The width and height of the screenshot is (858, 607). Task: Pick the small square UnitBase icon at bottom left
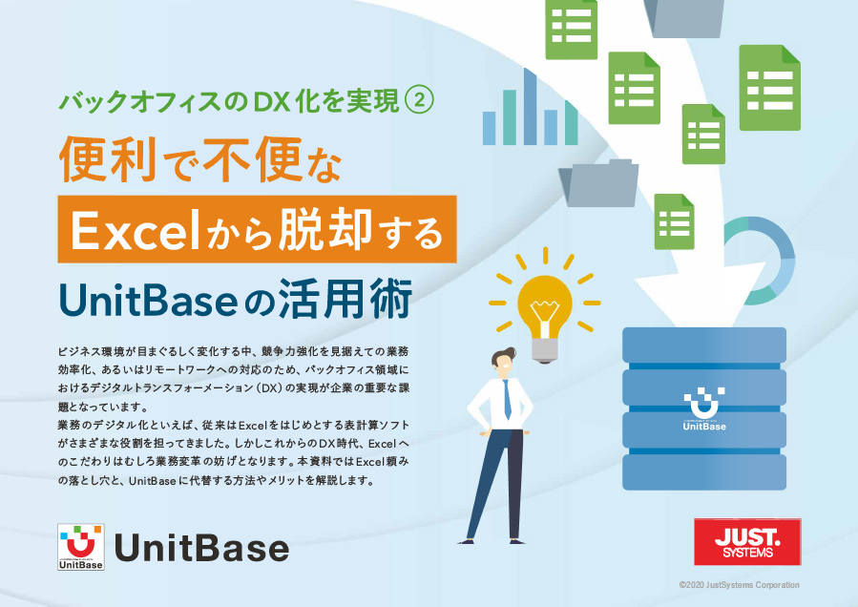[81, 548]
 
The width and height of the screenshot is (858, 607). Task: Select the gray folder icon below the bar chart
[598, 183]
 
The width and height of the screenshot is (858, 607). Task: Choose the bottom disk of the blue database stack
[704, 471]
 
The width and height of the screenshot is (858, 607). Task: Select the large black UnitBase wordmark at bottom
[201, 548]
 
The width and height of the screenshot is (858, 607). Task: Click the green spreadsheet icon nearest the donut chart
[674, 220]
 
